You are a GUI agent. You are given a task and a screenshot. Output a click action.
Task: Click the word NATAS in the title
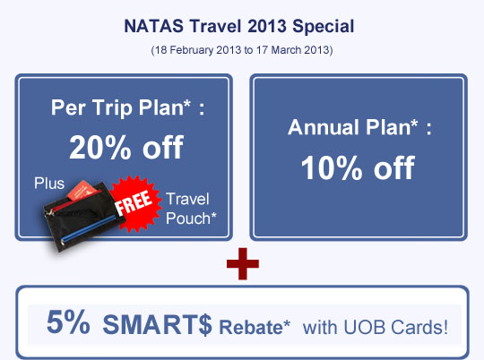click(154, 26)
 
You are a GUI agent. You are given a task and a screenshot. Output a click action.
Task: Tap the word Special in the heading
click(323, 27)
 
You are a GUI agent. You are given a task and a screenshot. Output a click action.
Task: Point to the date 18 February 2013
click(198, 50)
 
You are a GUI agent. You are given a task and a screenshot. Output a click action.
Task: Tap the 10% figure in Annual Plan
click(332, 167)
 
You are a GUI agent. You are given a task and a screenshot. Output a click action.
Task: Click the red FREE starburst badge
click(136, 203)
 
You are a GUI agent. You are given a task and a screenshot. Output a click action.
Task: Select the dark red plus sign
click(243, 264)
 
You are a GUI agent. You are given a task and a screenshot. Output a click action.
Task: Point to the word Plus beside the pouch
click(49, 184)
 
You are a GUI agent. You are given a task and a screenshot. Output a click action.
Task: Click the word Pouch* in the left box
click(191, 219)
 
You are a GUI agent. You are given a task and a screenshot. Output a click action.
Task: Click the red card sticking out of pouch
click(81, 190)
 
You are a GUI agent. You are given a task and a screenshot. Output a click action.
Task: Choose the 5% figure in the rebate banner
click(68, 322)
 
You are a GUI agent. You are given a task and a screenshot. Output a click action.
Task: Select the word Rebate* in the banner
click(255, 327)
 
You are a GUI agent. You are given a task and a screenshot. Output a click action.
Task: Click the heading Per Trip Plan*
click(121, 108)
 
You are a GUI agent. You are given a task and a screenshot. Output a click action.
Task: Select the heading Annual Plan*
click(353, 127)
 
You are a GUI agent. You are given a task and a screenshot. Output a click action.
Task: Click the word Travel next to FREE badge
click(187, 199)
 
